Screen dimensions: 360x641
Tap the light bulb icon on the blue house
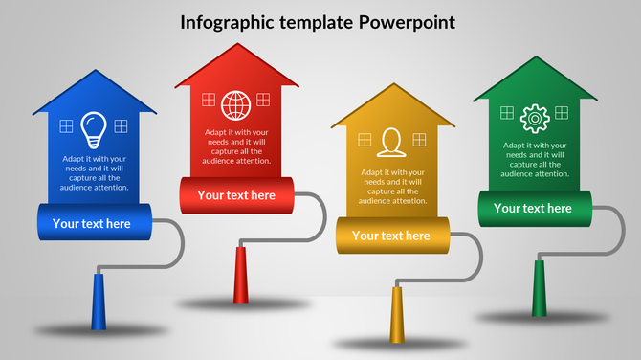click(x=93, y=126)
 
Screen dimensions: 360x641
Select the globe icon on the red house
click(x=234, y=103)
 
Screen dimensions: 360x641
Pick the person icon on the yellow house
click(x=389, y=142)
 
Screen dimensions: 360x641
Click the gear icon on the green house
click(x=533, y=118)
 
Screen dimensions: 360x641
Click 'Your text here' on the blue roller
click(x=92, y=224)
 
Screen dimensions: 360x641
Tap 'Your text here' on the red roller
click(x=236, y=195)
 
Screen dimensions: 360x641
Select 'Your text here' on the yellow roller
click(x=391, y=236)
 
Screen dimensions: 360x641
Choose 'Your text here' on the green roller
click(x=533, y=208)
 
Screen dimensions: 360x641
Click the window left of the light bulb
click(x=66, y=125)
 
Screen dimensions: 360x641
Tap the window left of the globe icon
click(x=209, y=99)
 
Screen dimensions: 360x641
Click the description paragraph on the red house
click(x=237, y=146)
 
